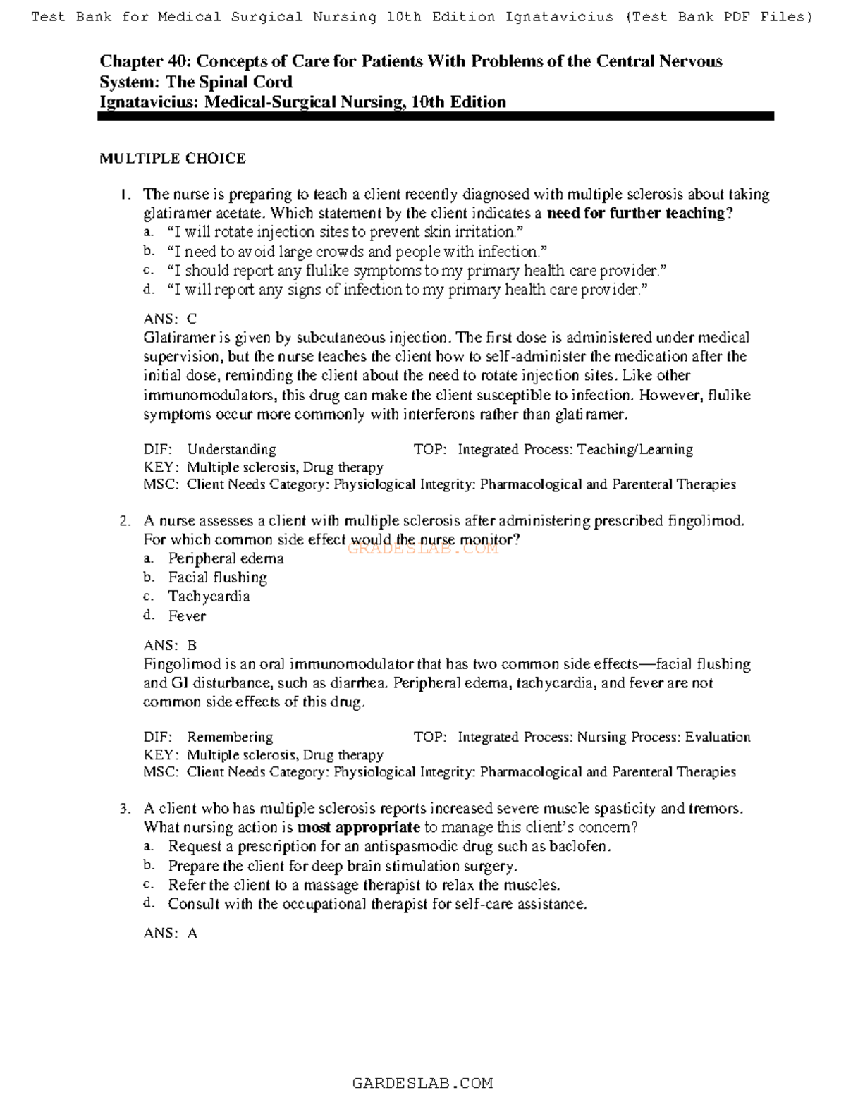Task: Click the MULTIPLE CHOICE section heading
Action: [172, 159]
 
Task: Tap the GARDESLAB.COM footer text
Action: [422, 1082]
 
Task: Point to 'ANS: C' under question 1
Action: [170, 319]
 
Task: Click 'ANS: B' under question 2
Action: [170, 645]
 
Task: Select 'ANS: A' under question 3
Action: [170, 933]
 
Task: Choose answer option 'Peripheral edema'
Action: [226, 558]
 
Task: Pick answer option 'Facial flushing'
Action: [217, 577]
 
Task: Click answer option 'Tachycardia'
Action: [209, 597]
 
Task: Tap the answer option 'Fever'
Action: [187, 616]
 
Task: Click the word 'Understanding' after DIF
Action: [231, 449]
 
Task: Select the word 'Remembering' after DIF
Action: [230, 737]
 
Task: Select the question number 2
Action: [125, 522]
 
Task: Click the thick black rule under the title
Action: [436, 117]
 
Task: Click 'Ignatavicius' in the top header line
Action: [559, 17]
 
